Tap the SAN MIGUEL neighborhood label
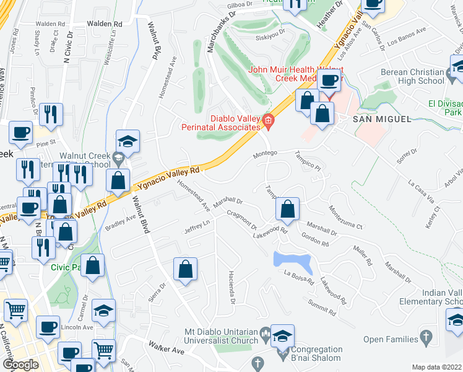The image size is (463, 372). [381, 119]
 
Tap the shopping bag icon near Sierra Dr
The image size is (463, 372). [185, 270]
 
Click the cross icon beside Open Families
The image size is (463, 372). [425, 338]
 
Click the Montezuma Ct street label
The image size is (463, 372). [345, 218]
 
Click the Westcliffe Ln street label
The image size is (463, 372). [110, 51]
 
